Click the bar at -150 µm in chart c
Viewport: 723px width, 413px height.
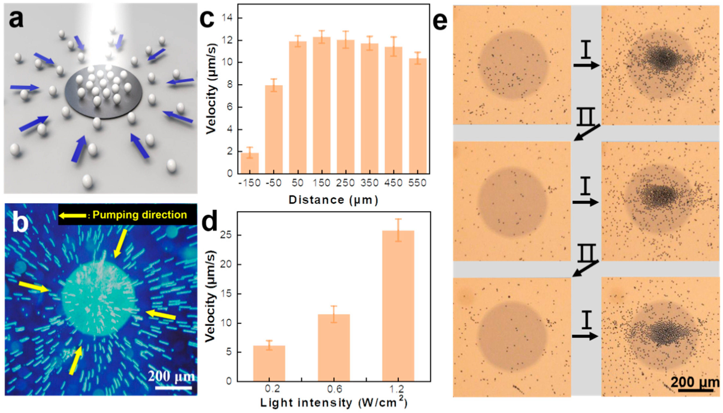[250, 163]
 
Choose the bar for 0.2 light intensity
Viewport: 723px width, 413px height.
[269, 363]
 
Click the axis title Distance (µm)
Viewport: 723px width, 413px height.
[333, 200]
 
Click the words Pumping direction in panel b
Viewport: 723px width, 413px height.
[140, 215]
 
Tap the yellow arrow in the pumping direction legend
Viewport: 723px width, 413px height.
[72, 216]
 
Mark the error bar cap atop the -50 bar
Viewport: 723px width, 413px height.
[273, 79]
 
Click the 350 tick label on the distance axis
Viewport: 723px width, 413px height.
[369, 183]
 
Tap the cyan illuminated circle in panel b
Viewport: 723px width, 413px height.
[98, 301]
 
